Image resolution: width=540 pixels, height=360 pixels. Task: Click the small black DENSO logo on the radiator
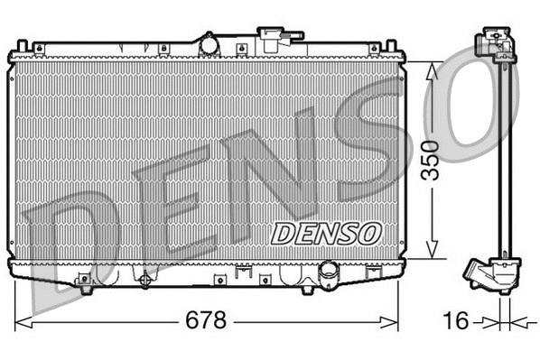tap(328, 233)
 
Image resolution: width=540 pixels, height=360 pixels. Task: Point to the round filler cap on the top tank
tap(209, 42)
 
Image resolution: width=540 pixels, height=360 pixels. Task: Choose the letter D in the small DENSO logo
tap(283, 233)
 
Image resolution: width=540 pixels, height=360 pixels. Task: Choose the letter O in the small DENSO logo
tap(371, 233)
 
